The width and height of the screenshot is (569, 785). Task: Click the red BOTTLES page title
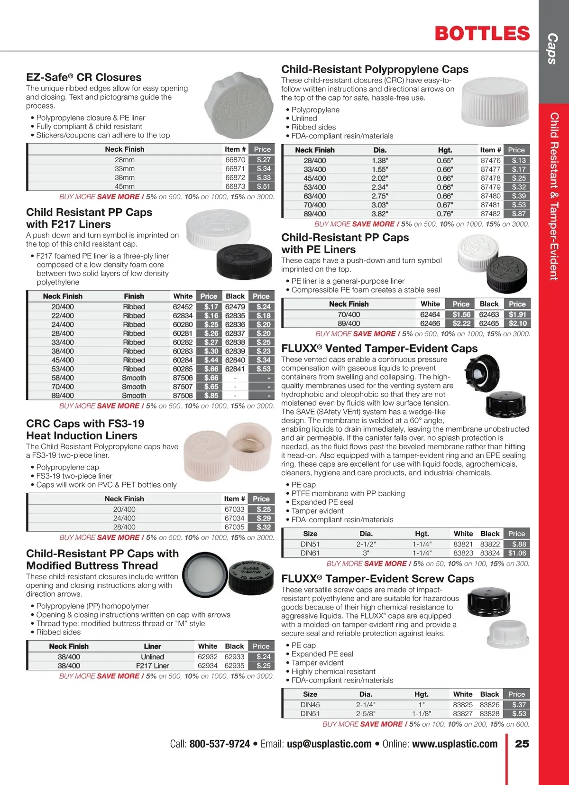pyautogui.click(x=482, y=34)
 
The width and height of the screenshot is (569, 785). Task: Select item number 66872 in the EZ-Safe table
pyautogui.click(x=235, y=177)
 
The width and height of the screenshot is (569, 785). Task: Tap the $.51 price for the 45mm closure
pyautogui.click(x=263, y=186)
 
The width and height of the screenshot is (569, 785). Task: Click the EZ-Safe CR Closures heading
pyautogui.click(x=84, y=77)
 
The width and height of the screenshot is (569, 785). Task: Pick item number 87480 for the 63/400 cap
pyautogui.click(x=490, y=196)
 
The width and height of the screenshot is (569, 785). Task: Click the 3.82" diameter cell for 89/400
pyautogui.click(x=380, y=214)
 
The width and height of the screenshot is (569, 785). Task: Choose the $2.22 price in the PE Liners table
pyautogui.click(x=461, y=323)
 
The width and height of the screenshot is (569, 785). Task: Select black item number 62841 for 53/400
pyautogui.click(x=235, y=369)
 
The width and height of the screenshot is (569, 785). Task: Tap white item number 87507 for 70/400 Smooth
pyautogui.click(x=183, y=387)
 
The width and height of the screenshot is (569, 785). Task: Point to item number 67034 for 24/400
pyautogui.click(x=234, y=518)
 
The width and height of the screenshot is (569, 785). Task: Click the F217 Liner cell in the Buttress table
pyautogui.click(x=152, y=665)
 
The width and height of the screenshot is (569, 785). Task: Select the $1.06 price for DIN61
pyautogui.click(x=517, y=553)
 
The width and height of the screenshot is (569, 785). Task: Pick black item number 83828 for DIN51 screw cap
pyautogui.click(x=489, y=713)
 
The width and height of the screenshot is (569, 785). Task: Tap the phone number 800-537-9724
pyautogui.click(x=220, y=744)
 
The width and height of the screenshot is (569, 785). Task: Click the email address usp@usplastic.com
pyautogui.click(x=329, y=744)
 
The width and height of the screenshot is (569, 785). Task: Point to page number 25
pyautogui.click(x=522, y=744)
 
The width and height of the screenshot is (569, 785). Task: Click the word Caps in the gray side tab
pyautogui.click(x=552, y=48)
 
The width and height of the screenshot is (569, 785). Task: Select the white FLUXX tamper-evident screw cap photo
pyautogui.click(x=508, y=633)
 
